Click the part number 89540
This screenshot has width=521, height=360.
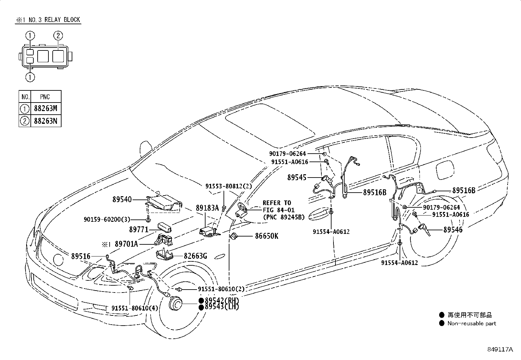click(x=122, y=199)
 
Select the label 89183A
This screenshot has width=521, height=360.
click(x=207, y=208)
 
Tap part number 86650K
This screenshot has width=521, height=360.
click(x=266, y=236)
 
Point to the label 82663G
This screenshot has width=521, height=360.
click(x=195, y=256)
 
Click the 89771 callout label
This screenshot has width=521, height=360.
click(x=139, y=229)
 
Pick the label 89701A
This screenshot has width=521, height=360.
click(x=126, y=244)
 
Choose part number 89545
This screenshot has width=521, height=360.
click(x=297, y=178)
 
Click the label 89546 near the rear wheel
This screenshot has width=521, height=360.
click(x=453, y=230)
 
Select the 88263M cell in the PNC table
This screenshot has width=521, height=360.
click(x=45, y=108)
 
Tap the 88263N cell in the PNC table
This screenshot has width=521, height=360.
click(x=45, y=121)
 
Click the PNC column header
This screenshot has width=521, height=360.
click(x=45, y=97)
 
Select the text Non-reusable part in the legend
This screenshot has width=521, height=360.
click(x=472, y=324)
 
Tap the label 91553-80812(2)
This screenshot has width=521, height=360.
click(x=228, y=186)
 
